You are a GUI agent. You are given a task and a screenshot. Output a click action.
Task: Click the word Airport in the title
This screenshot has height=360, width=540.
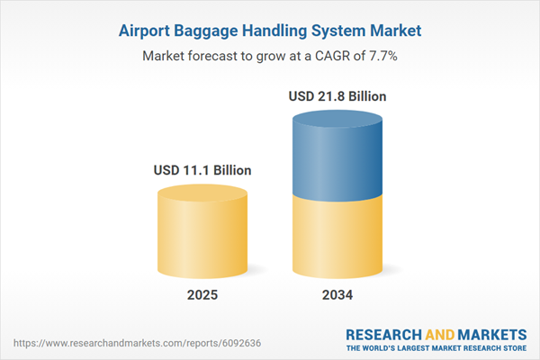pyautogui.click(x=144, y=31)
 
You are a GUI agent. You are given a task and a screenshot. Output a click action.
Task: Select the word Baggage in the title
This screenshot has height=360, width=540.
pyautogui.click(x=206, y=31)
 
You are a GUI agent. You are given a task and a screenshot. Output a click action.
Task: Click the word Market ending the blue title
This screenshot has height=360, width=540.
pyautogui.click(x=396, y=31)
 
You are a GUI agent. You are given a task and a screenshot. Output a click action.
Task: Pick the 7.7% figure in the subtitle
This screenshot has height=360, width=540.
pyautogui.click(x=383, y=56)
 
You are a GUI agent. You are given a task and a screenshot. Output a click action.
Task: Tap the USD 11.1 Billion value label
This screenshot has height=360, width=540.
pyautogui.click(x=202, y=170)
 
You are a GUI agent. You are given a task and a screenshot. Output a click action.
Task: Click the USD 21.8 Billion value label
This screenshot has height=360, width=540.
pyautogui.click(x=337, y=96)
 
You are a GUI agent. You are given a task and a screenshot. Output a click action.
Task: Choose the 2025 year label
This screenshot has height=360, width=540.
pyautogui.click(x=202, y=295)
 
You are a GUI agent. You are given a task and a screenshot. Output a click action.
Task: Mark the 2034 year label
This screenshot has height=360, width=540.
pyautogui.click(x=337, y=295)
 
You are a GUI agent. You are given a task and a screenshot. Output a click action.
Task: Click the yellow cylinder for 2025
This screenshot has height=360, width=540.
pyautogui.click(x=202, y=231)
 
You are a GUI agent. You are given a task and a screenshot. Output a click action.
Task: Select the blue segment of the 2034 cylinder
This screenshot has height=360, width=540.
pyautogui.click(x=337, y=156)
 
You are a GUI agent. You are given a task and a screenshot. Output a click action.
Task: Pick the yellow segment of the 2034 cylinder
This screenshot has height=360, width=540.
pyautogui.click(x=337, y=238)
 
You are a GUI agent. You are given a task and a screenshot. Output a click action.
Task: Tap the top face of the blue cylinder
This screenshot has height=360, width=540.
pyautogui.click(x=337, y=119)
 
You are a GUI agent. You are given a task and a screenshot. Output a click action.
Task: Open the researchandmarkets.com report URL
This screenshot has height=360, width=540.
pyautogui.click(x=137, y=343)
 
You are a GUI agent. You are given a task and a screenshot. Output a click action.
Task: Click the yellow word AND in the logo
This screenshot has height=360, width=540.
pyautogui.click(x=440, y=335)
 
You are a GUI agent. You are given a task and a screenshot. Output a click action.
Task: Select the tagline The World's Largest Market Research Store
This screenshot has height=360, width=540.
pyautogui.click(x=436, y=348)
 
